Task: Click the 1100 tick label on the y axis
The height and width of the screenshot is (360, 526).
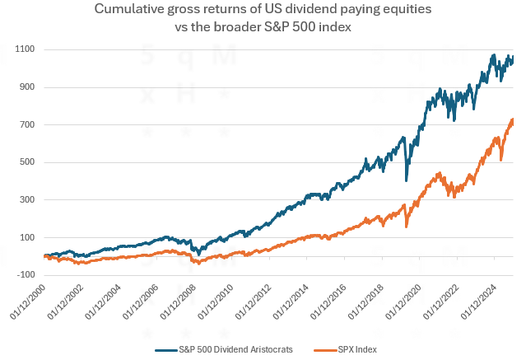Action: (x=25, y=49)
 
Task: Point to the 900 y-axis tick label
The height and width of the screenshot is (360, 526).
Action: (x=27, y=87)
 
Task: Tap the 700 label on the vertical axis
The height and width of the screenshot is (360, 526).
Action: (x=27, y=125)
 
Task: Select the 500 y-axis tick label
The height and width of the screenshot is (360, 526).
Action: (x=27, y=162)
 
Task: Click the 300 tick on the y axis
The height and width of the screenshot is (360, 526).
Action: (x=27, y=200)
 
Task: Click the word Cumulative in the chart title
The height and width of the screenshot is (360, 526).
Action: (x=133, y=10)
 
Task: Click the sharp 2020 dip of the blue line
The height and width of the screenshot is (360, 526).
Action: (x=407, y=180)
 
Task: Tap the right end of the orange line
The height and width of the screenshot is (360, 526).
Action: (x=514, y=119)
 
